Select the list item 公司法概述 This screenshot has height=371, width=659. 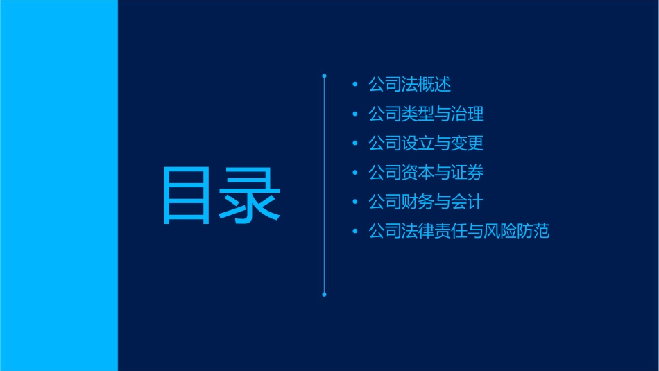pyautogui.click(x=410, y=85)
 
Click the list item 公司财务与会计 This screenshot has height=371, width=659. pyautogui.click(x=426, y=202)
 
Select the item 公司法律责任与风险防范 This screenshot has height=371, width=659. pyautogui.click(x=459, y=231)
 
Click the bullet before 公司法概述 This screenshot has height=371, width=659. pyautogui.click(x=355, y=85)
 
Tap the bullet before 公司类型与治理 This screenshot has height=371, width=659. pyautogui.click(x=355, y=114)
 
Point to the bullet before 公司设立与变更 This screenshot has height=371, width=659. pyautogui.click(x=355, y=144)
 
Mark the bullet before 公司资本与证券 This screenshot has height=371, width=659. pyautogui.click(x=355, y=173)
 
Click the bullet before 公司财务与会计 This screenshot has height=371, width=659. pyautogui.click(x=355, y=202)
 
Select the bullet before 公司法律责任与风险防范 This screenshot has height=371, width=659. pyautogui.click(x=355, y=231)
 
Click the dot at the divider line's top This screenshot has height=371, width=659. pyautogui.click(x=324, y=76)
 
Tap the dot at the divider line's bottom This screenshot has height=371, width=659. pyautogui.click(x=324, y=295)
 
